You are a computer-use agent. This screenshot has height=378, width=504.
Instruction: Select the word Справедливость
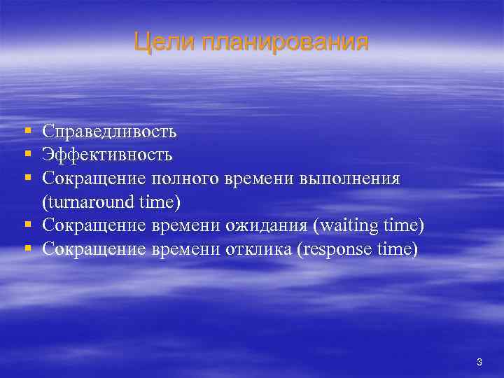click(x=109, y=131)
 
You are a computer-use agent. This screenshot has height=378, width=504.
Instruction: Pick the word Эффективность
click(x=107, y=155)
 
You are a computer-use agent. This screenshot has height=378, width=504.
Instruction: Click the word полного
click(x=185, y=178)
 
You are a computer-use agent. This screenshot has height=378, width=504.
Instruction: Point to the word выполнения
click(x=349, y=178)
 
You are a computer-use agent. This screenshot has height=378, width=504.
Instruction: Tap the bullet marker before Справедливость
click(x=27, y=131)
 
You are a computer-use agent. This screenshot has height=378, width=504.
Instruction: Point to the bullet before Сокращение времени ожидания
click(x=27, y=226)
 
